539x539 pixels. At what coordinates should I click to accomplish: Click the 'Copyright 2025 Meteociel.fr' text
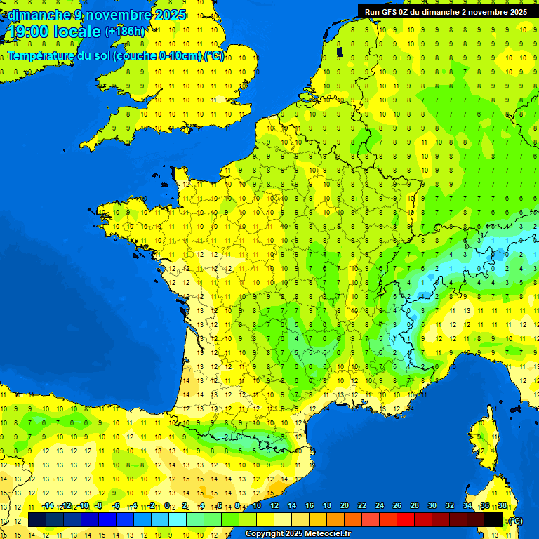point(298,533)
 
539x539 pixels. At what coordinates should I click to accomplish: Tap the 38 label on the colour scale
point(503,505)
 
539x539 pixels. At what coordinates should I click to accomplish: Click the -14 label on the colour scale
point(48,505)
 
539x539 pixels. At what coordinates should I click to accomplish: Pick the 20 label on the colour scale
point(345,505)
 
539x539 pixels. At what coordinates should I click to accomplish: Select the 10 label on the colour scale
point(257,505)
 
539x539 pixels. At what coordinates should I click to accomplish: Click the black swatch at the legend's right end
point(493,520)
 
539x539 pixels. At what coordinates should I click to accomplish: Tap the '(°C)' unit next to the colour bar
point(514,520)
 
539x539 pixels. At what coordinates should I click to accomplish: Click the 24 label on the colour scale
point(380,505)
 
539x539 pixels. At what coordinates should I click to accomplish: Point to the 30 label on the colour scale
point(432,505)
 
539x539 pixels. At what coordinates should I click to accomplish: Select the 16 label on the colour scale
point(310,505)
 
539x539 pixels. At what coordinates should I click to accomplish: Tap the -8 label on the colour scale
point(100,505)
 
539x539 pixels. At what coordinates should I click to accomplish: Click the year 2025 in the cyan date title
point(171,15)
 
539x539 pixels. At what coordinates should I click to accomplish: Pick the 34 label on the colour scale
point(467,505)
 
